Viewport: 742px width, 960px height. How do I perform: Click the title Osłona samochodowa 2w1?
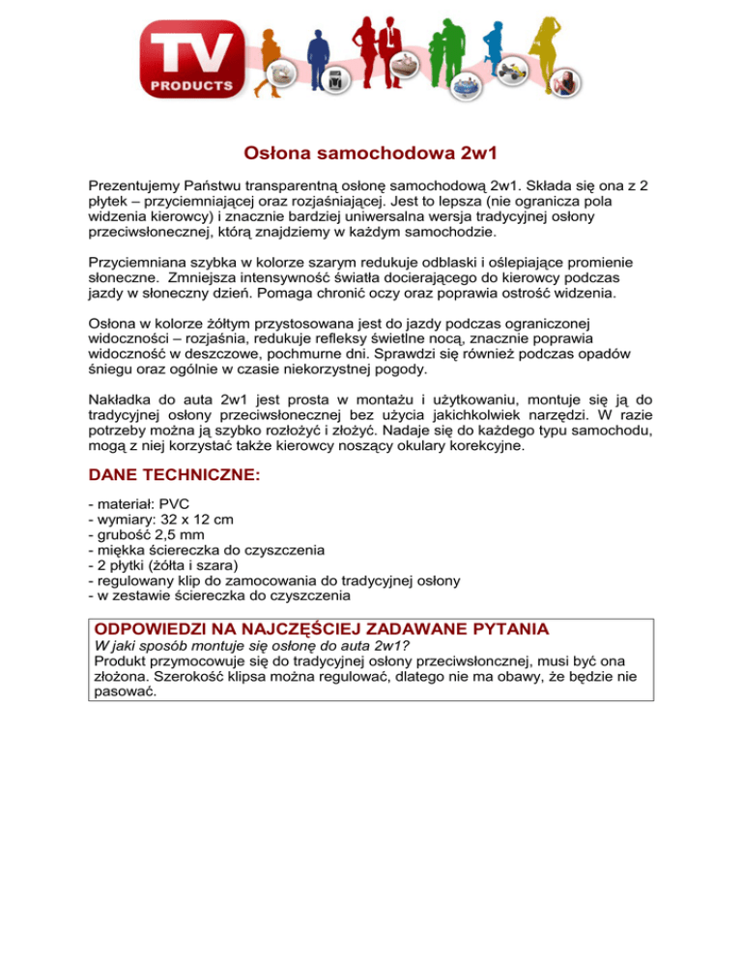pos(370,154)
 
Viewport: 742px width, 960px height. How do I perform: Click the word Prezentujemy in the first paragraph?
pos(135,184)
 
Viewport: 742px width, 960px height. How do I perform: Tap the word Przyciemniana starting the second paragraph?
pos(138,262)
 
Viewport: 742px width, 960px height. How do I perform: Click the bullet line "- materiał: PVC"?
pos(134,503)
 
